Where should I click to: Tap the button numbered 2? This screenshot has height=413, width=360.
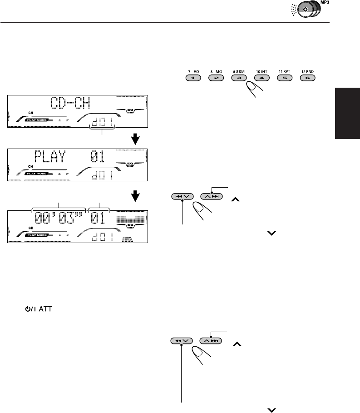click(x=216, y=78)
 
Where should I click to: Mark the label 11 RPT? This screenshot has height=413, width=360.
click(x=284, y=71)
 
